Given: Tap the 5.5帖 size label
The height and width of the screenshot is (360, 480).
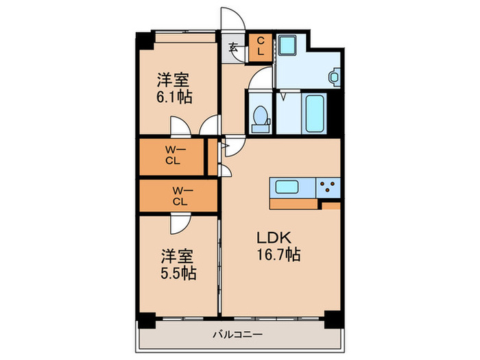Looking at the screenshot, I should pyautogui.click(x=178, y=274).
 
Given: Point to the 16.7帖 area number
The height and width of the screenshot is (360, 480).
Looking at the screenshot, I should pyautogui.click(x=278, y=254).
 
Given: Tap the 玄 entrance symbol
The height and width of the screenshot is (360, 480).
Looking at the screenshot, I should pyautogui.click(x=233, y=47).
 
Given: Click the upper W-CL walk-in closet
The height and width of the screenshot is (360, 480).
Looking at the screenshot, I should pyautogui.click(x=172, y=156).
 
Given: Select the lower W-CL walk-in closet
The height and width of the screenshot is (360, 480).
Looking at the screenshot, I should pyautogui.click(x=180, y=196).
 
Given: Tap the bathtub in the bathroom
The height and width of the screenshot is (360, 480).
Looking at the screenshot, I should pyautogui.click(x=315, y=113).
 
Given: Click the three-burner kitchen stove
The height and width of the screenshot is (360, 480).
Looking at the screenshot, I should pyautogui.click(x=328, y=187).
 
